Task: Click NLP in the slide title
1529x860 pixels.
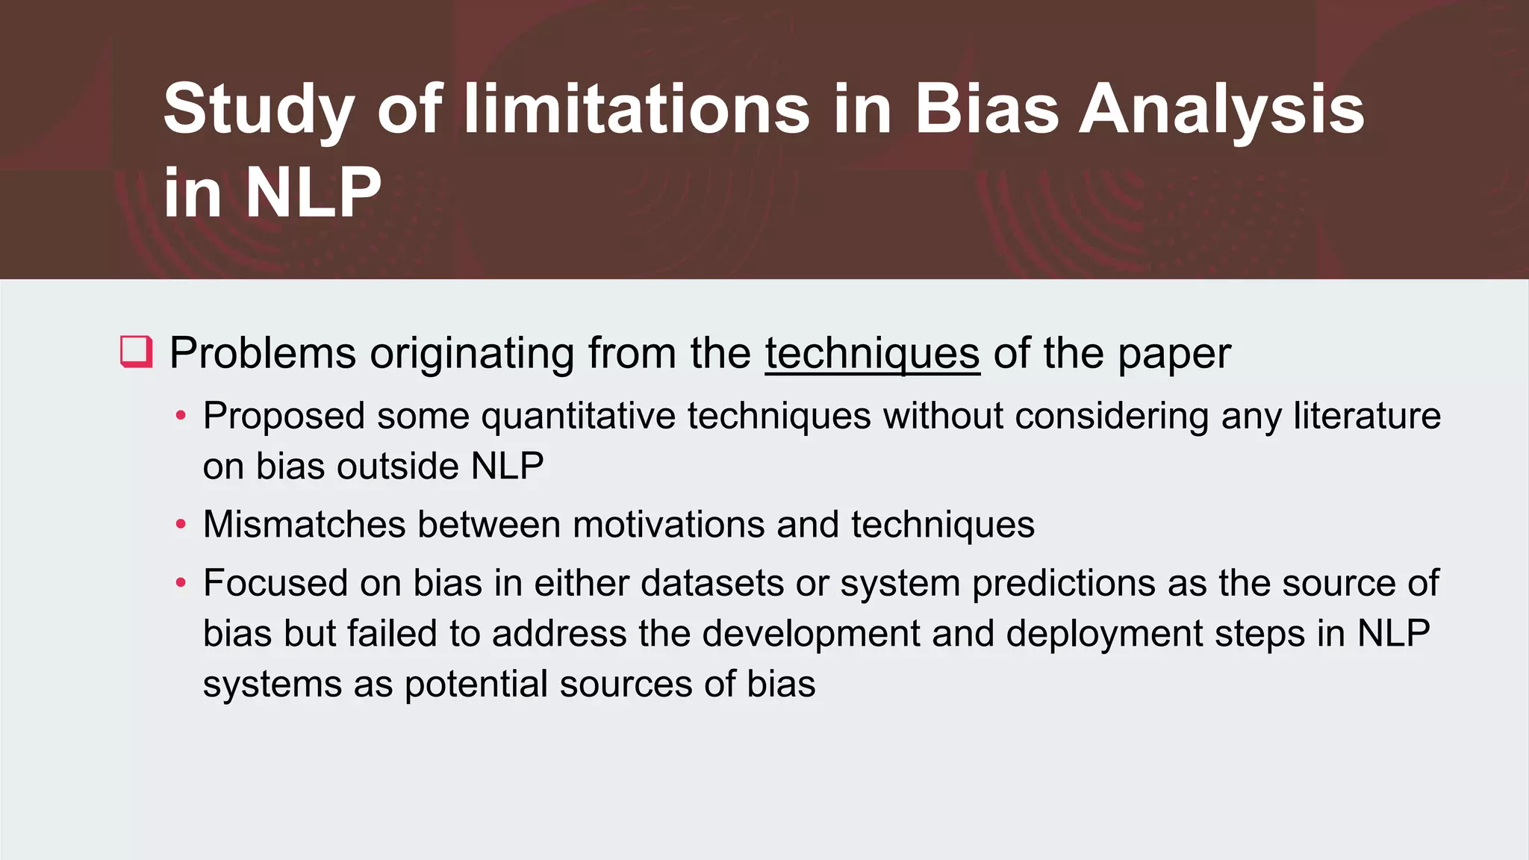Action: click(313, 193)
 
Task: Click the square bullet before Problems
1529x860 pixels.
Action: click(136, 352)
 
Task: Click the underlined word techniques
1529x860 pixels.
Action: click(872, 353)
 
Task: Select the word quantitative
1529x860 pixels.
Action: click(578, 417)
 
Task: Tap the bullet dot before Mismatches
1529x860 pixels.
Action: click(181, 525)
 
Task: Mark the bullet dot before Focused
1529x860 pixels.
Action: click(181, 583)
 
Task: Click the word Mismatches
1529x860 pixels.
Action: click(305, 524)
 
